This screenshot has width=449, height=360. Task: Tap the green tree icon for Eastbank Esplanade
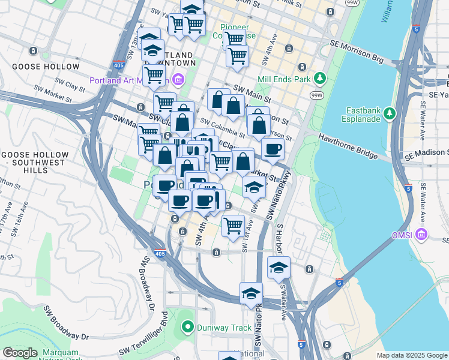390,113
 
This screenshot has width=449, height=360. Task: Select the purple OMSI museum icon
422,233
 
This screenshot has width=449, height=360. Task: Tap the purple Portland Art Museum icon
178,79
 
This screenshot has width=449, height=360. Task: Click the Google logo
20,352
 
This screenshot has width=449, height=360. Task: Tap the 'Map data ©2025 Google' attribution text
411,355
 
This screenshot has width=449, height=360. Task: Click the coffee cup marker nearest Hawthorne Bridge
273,150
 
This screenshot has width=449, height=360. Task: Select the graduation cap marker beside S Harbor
279,268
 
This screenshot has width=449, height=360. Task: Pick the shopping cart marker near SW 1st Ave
233,226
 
